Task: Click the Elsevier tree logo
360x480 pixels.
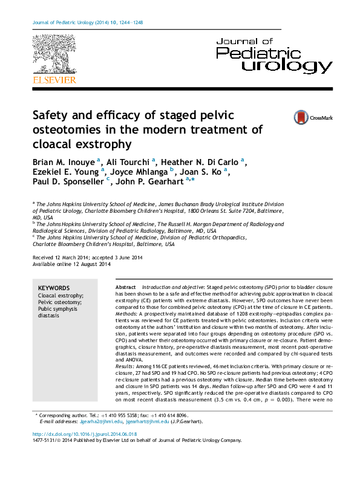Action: pos(54,54)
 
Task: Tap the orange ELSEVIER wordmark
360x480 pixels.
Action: pos(54,79)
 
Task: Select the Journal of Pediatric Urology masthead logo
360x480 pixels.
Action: pos(273,55)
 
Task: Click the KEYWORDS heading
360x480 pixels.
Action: pos(54,288)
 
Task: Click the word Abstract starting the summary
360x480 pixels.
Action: pos(125,286)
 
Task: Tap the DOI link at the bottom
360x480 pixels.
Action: pos(84,434)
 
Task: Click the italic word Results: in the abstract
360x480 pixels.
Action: pos(125,369)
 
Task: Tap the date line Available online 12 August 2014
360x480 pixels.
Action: pos(71,264)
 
